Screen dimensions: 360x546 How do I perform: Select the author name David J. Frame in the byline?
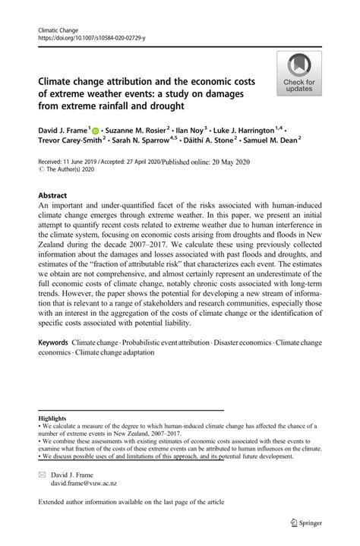(63, 132)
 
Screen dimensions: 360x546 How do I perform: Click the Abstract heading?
(56, 194)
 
